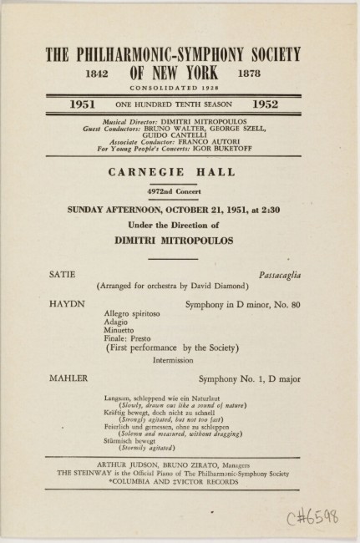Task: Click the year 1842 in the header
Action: pos(97,74)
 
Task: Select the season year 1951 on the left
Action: pos(84,105)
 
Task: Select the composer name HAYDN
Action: pos(68,304)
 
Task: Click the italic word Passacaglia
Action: pos(280,274)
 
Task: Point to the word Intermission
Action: pos(173,360)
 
